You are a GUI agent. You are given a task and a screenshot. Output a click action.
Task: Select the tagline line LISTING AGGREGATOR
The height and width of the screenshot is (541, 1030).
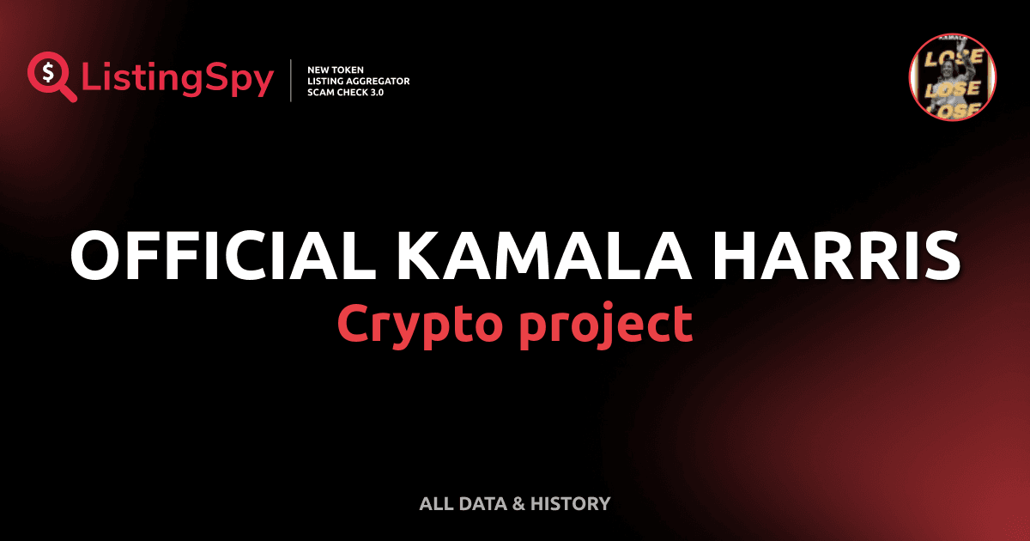click(x=358, y=81)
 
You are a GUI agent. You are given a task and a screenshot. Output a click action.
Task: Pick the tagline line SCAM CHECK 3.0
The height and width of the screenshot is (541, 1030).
click(x=345, y=93)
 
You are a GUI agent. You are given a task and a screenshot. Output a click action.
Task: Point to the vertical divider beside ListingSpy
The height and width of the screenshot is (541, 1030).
click(x=292, y=81)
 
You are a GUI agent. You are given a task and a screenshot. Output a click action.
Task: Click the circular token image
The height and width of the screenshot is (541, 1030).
click(x=952, y=77)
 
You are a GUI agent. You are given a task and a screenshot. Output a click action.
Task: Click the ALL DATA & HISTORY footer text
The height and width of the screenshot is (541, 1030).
click(x=514, y=504)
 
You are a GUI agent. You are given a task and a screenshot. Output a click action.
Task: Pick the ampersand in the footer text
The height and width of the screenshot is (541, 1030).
click(x=518, y=504)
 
